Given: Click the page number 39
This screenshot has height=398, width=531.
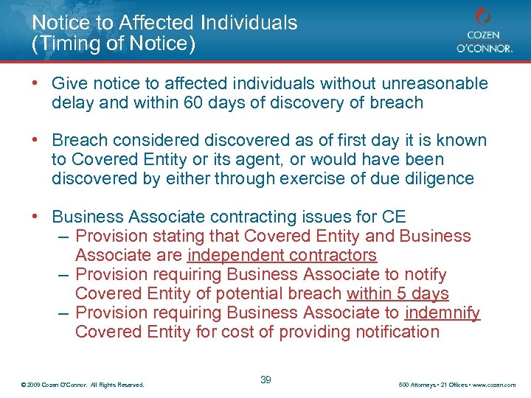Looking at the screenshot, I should (266, 380).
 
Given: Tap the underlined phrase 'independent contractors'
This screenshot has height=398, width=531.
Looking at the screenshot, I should (282, 255).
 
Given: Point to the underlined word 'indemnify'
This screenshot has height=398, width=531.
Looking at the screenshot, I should (442, 313).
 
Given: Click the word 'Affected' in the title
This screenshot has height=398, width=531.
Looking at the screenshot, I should (167, 23).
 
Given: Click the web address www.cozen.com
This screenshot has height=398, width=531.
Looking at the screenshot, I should (496, 385).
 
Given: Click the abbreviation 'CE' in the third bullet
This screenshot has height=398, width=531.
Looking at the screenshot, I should (394, 217).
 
